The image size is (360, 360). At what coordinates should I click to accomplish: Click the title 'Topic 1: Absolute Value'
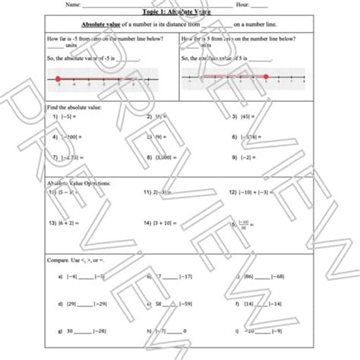point(179,13)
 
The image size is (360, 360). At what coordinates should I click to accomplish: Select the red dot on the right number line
point(265,76)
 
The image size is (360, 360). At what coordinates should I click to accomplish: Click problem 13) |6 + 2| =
point(65,224)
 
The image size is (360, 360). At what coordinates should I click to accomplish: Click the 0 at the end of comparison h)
point(185,331)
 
